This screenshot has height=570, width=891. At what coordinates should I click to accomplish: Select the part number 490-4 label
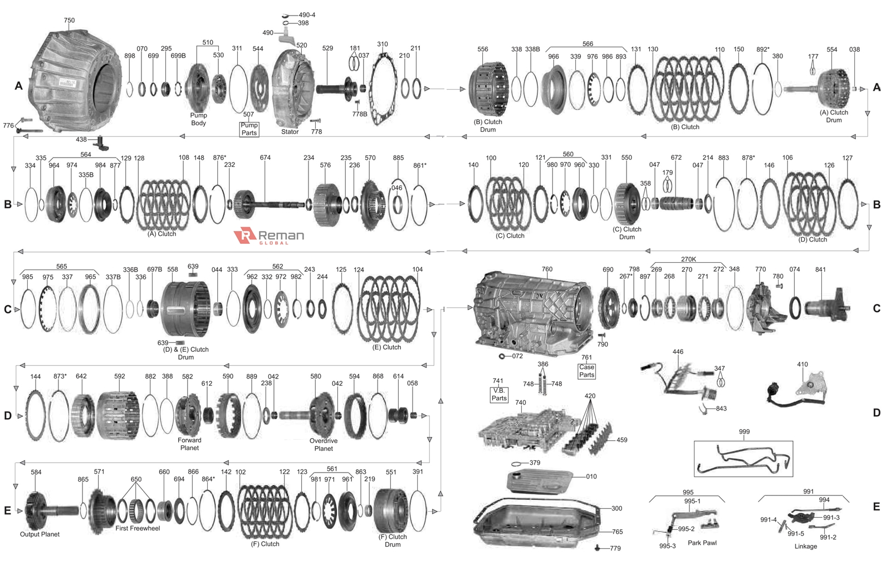click(x=306, y=15)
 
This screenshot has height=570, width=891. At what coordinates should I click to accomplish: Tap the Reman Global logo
click(x=270, y=236)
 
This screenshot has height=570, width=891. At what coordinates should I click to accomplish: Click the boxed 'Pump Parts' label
click(x=249, y=129)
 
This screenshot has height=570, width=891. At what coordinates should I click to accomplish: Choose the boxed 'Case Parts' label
click(x=586, y=371)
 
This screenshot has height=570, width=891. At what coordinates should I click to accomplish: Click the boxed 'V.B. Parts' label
click(x=499, y=394)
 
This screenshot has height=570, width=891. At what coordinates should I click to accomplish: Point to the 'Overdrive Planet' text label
click(x=324, y=444)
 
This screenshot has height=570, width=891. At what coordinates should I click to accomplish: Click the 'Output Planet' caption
click(x=40, y=534)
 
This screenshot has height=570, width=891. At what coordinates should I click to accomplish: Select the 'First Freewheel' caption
click(x=138, y=528)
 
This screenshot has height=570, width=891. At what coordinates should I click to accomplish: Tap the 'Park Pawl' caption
click(x=702, y=543)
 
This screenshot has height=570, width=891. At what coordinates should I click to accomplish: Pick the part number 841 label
click(x=820, y=269)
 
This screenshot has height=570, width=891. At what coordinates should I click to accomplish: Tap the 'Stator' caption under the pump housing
click(x=290, y=132)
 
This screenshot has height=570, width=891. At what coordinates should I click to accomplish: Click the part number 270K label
click(x=688, y=259)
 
